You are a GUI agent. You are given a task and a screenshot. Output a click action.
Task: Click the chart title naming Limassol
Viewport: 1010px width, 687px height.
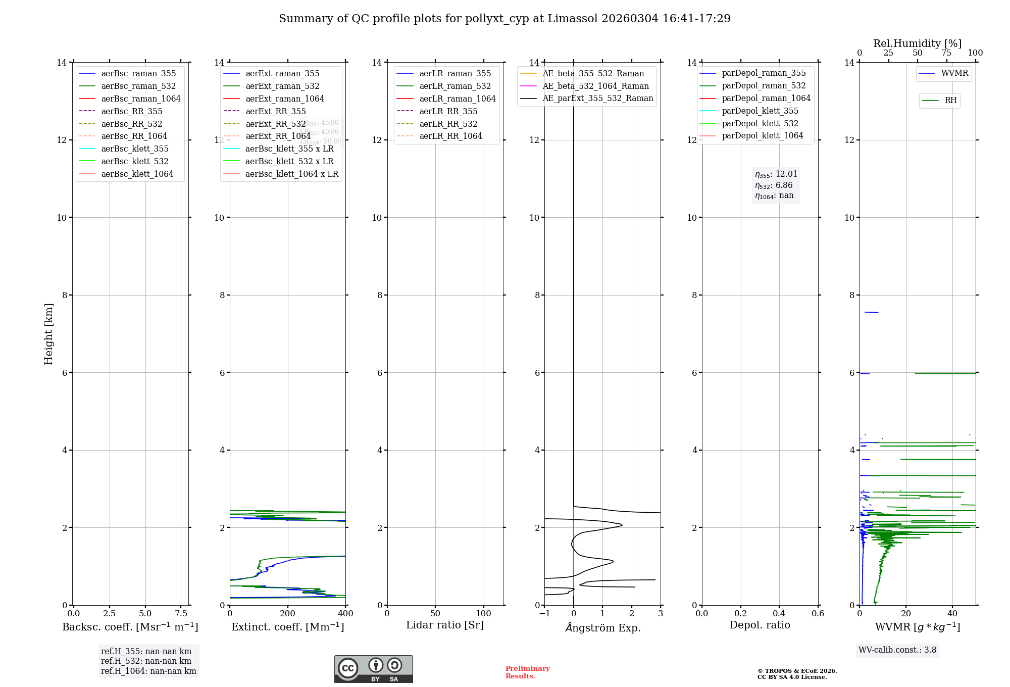504,19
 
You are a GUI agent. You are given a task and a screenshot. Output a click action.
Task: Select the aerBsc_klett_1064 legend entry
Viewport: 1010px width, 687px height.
137,174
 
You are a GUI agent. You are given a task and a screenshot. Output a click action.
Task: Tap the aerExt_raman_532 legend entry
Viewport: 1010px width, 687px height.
282,86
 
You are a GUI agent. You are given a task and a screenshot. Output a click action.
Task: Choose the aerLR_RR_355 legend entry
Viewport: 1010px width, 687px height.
448,111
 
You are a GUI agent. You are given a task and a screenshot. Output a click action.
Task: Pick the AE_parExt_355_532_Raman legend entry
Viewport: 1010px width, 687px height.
597,99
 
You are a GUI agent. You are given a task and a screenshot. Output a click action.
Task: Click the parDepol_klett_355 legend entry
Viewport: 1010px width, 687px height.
760,111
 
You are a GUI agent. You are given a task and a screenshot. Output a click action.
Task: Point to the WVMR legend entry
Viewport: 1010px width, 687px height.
954,73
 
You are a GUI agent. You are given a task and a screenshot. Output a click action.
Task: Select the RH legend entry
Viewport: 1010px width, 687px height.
950,101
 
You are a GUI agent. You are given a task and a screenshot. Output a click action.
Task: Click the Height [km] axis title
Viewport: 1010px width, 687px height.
48,334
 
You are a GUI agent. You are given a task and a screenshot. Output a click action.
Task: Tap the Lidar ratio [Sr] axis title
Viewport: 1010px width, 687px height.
445,625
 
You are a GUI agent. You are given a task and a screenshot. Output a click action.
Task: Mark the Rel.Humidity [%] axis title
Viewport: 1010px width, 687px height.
917,43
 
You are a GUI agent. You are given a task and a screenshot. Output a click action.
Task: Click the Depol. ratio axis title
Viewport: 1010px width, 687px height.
760,625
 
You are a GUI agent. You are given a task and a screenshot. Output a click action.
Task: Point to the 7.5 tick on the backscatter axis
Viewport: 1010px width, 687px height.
181,614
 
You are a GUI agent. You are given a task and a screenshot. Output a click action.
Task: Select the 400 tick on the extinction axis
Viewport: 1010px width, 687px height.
345,614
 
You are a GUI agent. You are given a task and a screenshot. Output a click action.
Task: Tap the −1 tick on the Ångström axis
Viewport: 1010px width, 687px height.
544,614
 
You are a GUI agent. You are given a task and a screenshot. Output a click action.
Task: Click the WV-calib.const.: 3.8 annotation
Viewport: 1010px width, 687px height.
897,650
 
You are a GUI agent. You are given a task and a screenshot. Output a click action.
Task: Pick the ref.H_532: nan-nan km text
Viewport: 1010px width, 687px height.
146,661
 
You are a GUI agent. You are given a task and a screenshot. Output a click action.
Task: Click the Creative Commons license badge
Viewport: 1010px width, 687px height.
373,669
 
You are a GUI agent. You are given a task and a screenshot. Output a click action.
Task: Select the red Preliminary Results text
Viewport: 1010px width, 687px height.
527,672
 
